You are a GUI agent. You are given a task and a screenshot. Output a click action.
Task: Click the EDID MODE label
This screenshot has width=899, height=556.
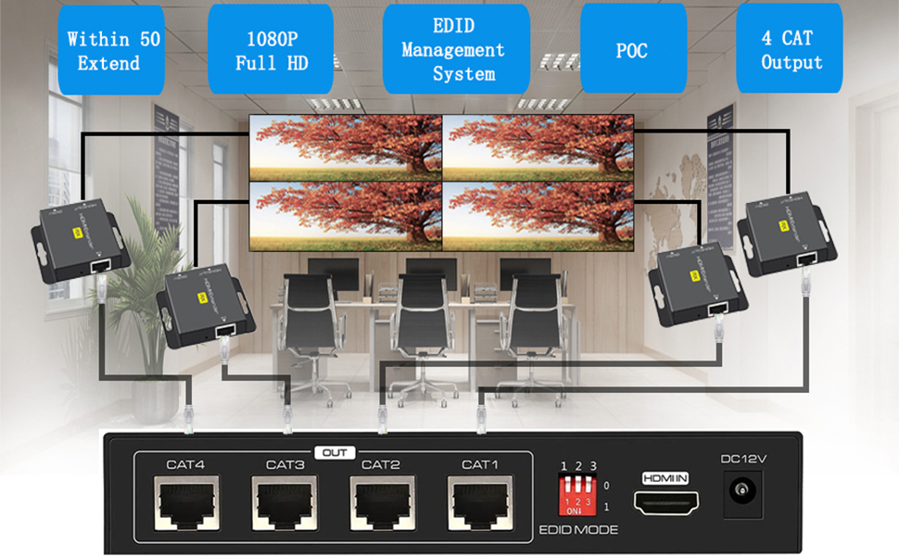pos(577,531)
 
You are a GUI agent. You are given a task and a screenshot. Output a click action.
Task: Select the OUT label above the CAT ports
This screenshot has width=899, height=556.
pos(335,453)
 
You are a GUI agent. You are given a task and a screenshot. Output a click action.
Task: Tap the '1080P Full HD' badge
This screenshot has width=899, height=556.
pos(271,51)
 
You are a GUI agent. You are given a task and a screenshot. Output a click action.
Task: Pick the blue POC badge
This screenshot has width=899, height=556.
pos(632,51)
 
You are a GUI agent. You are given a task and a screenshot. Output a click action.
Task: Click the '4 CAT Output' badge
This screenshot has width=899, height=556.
pos(792,51)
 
